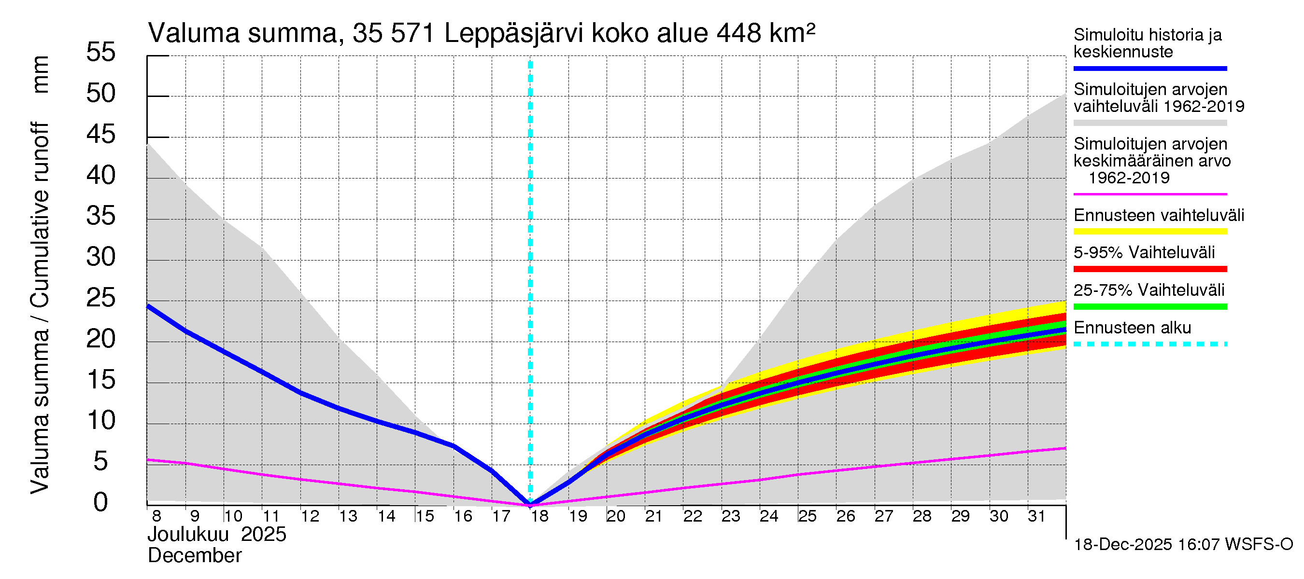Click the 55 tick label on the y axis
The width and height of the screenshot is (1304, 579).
[101, 52]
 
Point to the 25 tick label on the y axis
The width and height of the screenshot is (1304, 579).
[101, 298]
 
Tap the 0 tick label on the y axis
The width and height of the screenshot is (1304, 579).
[101, 502]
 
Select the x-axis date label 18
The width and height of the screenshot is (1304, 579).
[539, 516]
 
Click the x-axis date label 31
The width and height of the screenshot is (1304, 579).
[1037, 516]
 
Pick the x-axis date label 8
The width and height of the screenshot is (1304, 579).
[156, 516]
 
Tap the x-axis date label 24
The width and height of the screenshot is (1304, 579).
[769, 516]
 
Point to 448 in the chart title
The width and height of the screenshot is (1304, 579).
[738, 33]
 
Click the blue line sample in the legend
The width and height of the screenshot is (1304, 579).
[1149, 68]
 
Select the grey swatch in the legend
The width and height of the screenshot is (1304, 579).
[1149, 123]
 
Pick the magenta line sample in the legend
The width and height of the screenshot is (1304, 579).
[1149, 194]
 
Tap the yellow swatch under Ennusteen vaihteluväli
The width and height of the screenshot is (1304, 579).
[1149, 232]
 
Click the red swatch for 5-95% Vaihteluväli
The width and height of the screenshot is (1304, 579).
[1149, 269]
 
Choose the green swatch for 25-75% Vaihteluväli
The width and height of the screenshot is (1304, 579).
[1149, 306]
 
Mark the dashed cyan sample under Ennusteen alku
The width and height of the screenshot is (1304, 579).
[1149, 345]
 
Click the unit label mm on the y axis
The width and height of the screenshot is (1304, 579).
[40, 74]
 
